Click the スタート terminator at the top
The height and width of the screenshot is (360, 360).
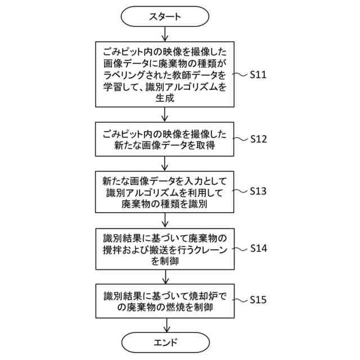pos(165,16)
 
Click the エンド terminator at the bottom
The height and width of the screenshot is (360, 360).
pos(165,341)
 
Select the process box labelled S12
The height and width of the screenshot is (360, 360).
pos(165,139)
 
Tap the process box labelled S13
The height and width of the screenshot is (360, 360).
pos(165,191)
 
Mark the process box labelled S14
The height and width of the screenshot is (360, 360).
pos(165,247)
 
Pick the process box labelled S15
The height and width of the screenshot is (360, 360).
pos(165,301)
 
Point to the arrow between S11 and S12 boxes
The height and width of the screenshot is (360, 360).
pos(165,115)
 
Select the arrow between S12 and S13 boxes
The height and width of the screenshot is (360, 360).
pos(165,163)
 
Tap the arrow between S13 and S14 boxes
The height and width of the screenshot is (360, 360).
pos(165,219)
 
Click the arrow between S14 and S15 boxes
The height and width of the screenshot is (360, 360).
pos(165,274)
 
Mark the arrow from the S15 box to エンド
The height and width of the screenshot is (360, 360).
pos(165,325)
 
